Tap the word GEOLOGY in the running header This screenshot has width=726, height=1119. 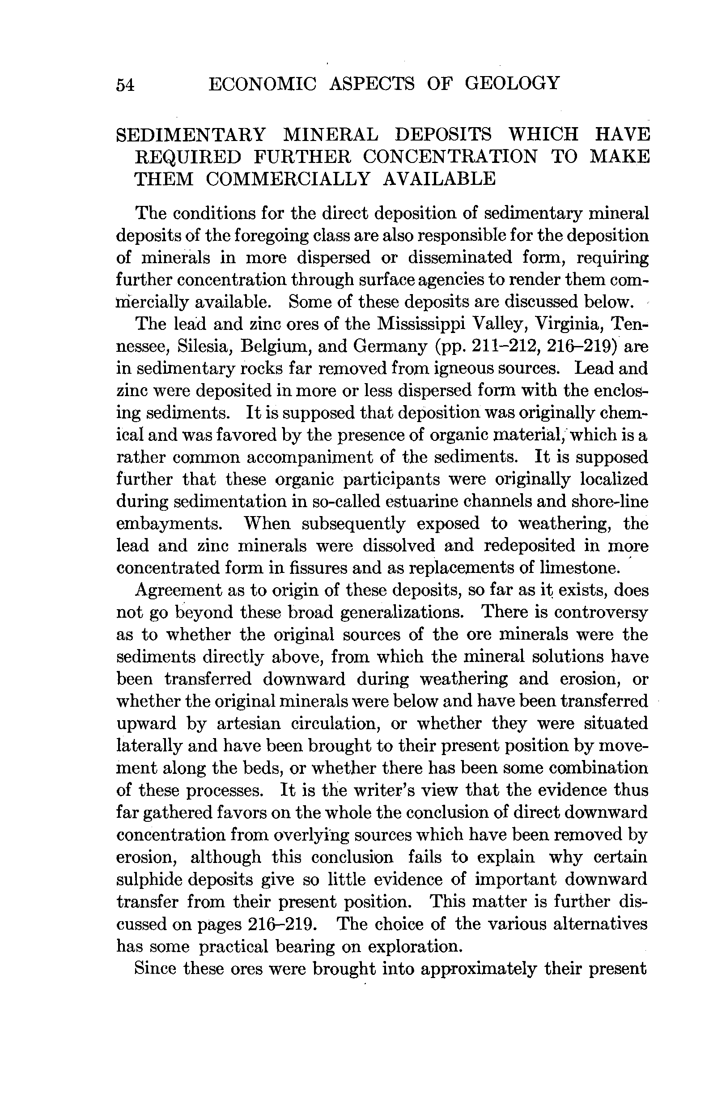(513, 83)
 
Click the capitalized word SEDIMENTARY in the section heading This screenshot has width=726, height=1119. (191, 134)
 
